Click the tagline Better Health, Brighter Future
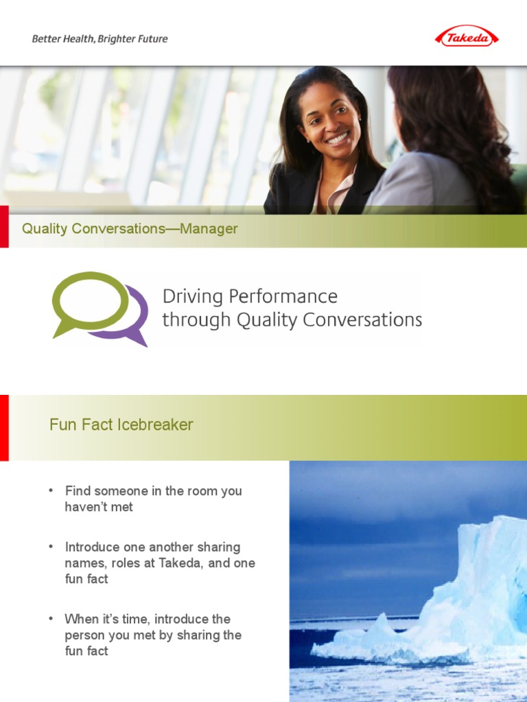99,39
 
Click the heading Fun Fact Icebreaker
121,424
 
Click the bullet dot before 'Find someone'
51,490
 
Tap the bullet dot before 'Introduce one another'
51,546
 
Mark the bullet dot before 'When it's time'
51,618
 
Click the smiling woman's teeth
338,138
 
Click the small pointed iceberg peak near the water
382,621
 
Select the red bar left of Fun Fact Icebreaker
4,427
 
